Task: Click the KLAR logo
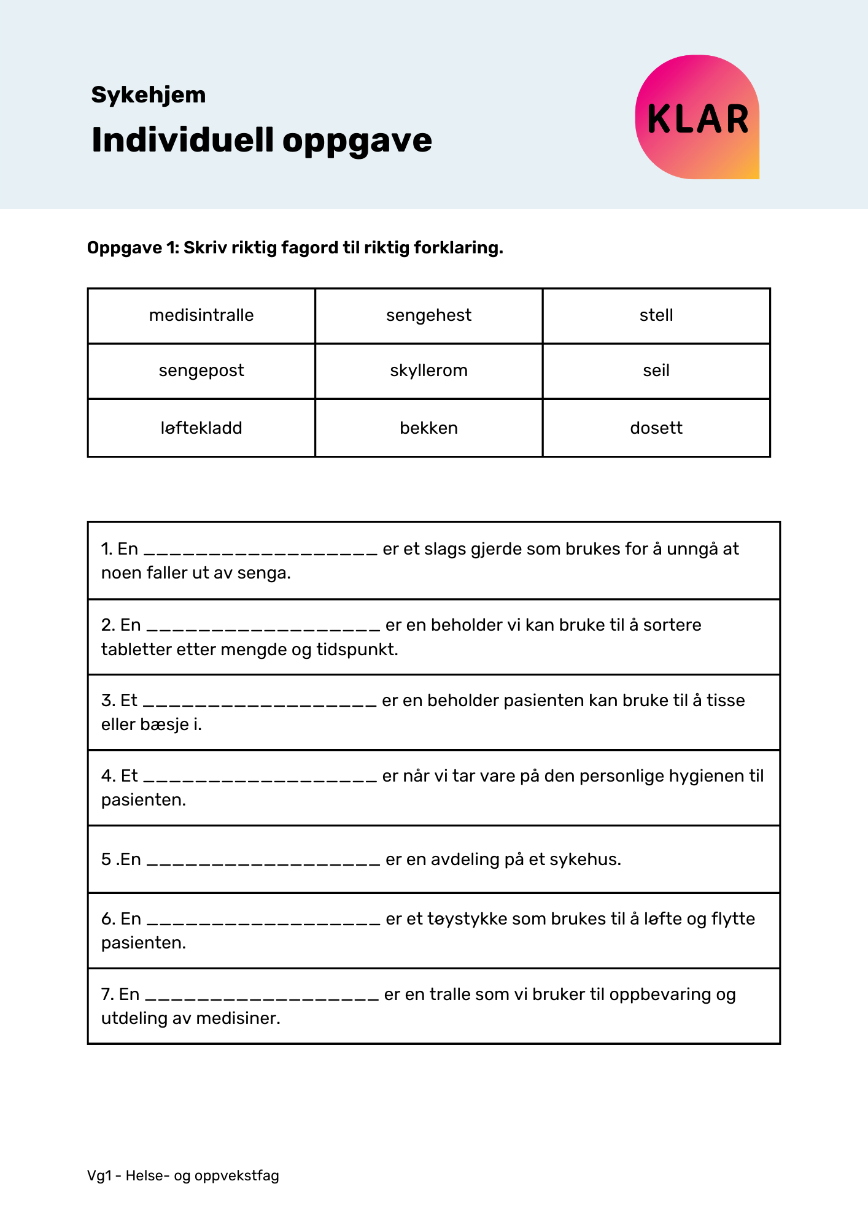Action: [x=697, y=118]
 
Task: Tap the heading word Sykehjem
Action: [x=149, y=95]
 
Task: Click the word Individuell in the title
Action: [x=182, y=140]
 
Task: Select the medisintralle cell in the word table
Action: [x=201, y=315]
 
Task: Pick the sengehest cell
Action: [x=428, y=315]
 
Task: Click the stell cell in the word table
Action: [x=656, y=315]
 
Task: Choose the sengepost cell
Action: [x=201, y=371]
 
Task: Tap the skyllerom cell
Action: [x=428, y=371]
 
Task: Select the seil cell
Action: [x=656, y=371]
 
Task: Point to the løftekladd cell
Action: [x=201, y=428]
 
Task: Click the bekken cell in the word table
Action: [x=428, y=428]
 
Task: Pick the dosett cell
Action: [x=656, y=428]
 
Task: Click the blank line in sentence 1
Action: [x=260, y=551]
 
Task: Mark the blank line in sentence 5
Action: [x=264, y=861]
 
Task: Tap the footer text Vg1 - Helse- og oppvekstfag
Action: [x=183, y=1176]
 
